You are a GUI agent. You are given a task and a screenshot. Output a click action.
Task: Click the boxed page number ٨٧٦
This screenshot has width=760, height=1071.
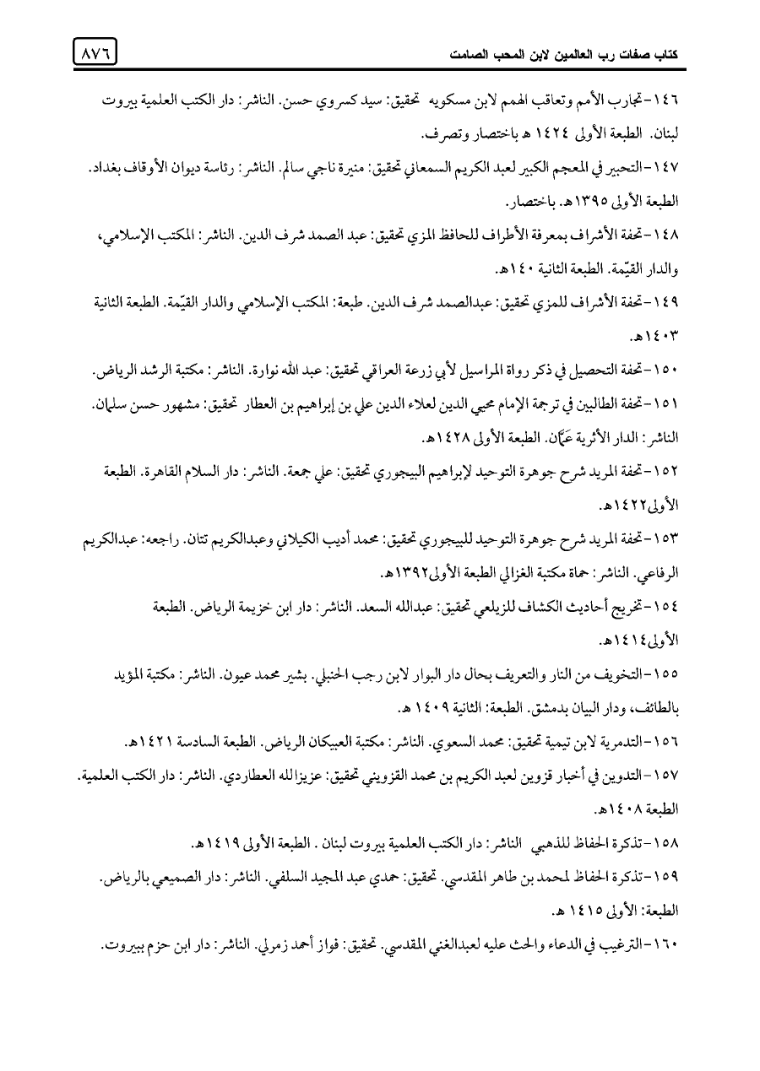pyautogui.click(x=95, y=53)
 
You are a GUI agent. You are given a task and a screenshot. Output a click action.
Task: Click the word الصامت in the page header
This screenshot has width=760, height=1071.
pyautogui.click(x=463, y=60)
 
